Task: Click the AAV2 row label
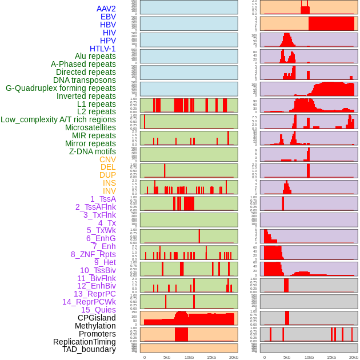pyautogui.click(x=106, y=9)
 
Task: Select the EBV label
pyautogui.click(x=107, y=17)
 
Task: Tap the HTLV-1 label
pyautogui.click(x=102, y=49)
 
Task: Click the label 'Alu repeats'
pyautogui.click(x=95, y=56)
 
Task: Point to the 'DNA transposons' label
pyautogui.click(x=84, y=80)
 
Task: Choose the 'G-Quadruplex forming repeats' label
pyautogui.click(x=61, y=88)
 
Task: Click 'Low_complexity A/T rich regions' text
pyautogui.click(x=58, y=119)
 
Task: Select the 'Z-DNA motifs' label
pyautogui.click(x=92, y=151)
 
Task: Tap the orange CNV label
pyautogui.click(x=107, y=159)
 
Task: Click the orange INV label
pyautogui.click(x=109, y=191)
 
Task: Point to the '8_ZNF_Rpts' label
pyautogui.click(x=93, y=254)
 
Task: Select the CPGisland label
pyautogui.click(x=97, y=318)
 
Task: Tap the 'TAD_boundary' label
pyautogui.click(x=89, y=349)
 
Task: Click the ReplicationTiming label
pyautogui.click(x=84, y=342)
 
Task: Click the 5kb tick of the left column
pyautogui.click(x=167, y=357)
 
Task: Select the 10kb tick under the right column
pyautogui.click(x=309, y=357)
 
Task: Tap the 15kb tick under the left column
pyautogui.click(x=211, y=357)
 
